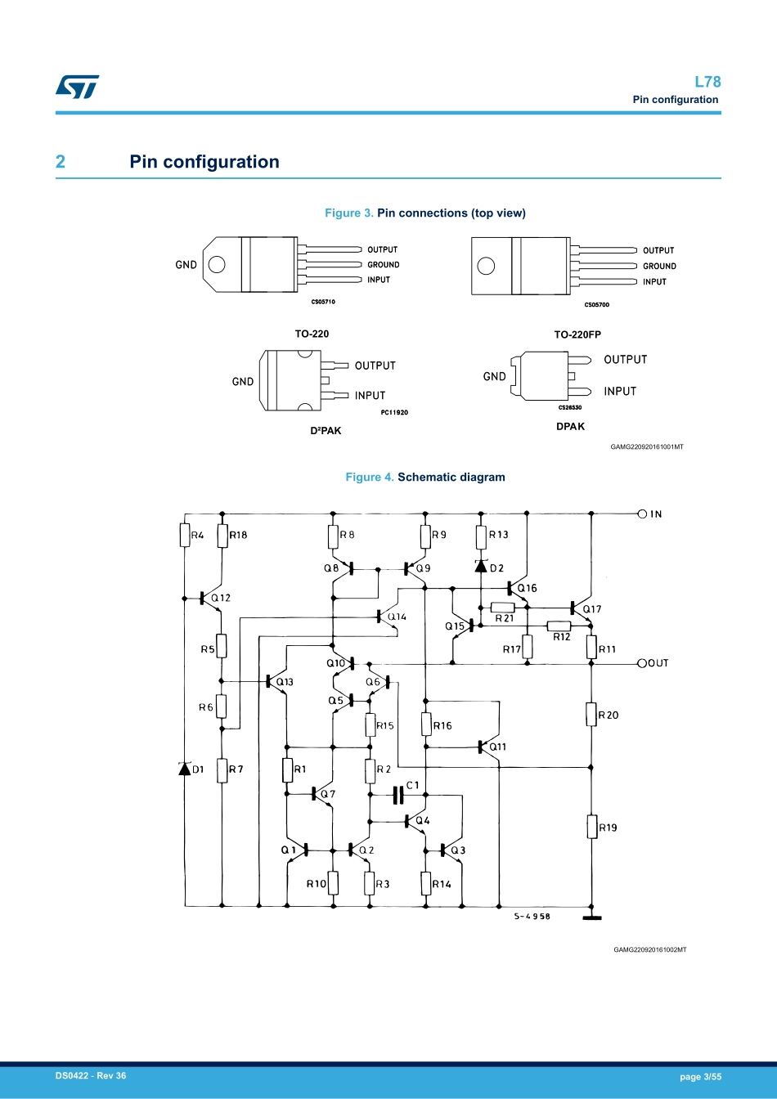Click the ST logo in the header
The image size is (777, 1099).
coord(78,87)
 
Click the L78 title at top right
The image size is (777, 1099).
coord(707,82)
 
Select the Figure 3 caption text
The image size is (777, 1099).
coord(425,213)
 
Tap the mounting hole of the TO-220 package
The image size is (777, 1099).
coord(217,264)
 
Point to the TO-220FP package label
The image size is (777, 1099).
coord(577,334)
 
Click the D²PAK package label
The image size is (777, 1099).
coord(326,431)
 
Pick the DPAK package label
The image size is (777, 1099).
coord(570,426)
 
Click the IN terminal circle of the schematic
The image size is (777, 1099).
coord(642,514)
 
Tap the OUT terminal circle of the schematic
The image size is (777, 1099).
coord(642,663)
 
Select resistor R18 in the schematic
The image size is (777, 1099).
coord(222,536)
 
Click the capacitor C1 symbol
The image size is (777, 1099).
coord(398,794)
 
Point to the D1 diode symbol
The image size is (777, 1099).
coord(185,769)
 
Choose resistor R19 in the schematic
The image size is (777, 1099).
coord(591,827)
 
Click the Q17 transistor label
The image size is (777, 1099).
coord(592,609)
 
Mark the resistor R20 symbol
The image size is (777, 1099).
coord(591,715)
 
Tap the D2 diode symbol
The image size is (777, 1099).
coord(481,566)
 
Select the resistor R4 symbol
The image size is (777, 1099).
coord(185,536)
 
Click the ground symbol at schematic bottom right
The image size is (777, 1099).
coord(591,917)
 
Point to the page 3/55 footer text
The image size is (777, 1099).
coord(700,1077)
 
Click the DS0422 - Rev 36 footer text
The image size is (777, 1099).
coord(91,1076)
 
